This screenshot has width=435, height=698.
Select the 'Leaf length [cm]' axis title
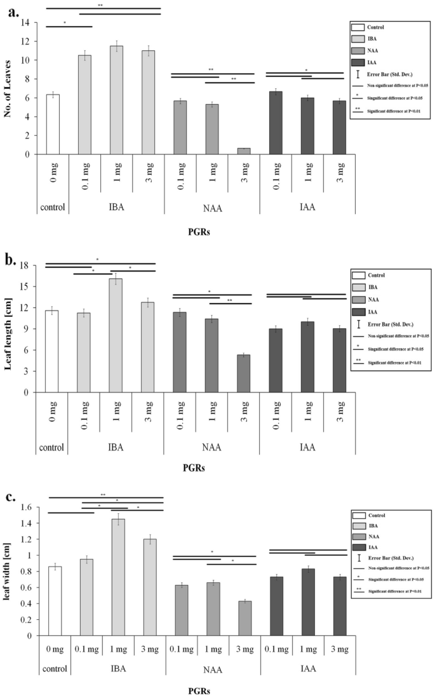point(9,328)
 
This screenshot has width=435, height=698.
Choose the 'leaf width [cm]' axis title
point(9,571)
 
